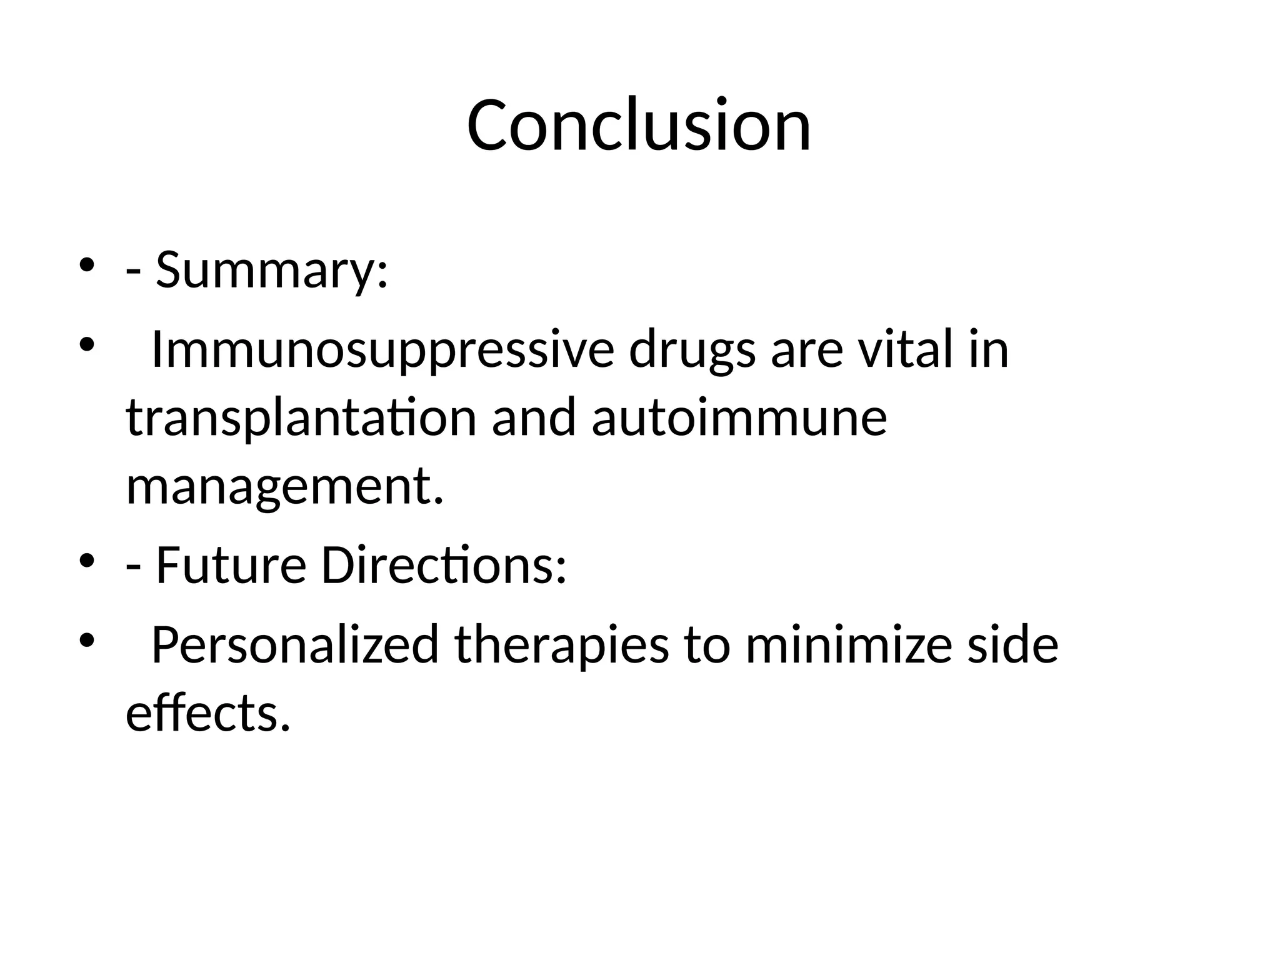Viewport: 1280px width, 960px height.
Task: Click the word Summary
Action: [x=266, y=270]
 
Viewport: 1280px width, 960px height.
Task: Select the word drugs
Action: [x=692, y=350]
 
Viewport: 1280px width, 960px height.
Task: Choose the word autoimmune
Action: [x=739, y=417]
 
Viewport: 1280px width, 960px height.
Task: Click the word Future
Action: [x=231, y=565]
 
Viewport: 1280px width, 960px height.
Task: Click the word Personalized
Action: [x=295, y=645]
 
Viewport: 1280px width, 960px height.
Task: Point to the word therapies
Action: [x=561, y=645]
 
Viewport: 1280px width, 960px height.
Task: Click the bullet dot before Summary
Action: [x=86, y=265]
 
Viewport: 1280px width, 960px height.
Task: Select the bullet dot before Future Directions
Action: [x=86, y=560]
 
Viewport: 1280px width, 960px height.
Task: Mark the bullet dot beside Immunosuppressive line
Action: [x=86, y=344]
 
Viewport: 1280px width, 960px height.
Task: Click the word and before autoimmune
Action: [x=533, y=417]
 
